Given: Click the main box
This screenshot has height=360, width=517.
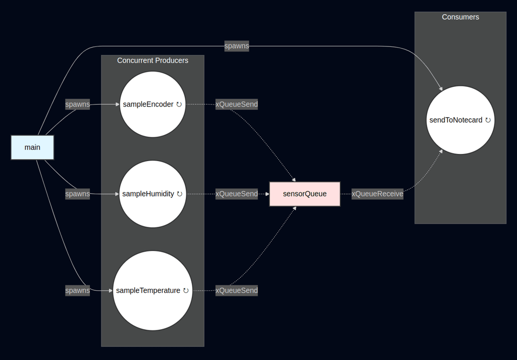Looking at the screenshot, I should click(x=32, y=147).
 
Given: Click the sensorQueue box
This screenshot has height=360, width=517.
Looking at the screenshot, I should click(x=304, y=194).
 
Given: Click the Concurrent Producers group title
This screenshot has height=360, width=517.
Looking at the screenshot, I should click(x=152, y=61).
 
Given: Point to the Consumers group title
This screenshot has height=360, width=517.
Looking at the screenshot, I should click(x=460, y=17).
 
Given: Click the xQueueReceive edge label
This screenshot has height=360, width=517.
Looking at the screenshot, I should click(x=378, y=194).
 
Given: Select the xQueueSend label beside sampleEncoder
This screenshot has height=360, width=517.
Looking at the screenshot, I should click(x=237, y=105).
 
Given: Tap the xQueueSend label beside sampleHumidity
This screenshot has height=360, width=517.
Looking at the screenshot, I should click(x=237, y=194).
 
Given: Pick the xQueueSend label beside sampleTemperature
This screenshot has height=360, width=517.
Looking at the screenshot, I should click(x=237, y=290).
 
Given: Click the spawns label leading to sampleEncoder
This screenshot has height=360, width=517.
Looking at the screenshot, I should click(x=78, y=105).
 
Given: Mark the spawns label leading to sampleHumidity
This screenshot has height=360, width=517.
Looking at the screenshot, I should click(x=78, y=194).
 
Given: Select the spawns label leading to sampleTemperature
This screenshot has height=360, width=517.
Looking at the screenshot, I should click(x=78, y=290).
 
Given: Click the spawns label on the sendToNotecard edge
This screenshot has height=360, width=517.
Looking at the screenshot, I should click(x=237, y=46).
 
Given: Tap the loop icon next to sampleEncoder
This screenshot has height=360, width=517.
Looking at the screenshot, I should click(x=179, y=105).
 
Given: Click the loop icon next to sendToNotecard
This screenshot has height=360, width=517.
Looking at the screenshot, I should click(x=488, y=120).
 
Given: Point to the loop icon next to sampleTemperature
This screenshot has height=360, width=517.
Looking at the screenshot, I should click(x=186, y=290).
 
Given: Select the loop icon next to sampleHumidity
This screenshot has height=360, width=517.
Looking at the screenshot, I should click(x=180, y=194).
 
